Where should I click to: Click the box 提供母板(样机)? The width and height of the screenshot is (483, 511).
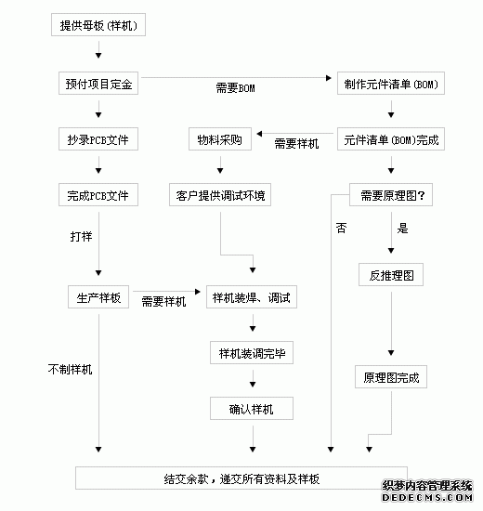[x=98, y=25]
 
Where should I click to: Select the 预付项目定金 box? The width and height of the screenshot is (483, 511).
[x=98, y=84]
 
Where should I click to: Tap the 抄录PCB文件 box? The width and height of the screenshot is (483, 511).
[x=98, y=139]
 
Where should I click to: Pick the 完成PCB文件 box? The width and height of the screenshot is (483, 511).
[x=98, y=195]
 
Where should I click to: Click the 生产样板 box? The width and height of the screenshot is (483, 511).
[x=98, y=297]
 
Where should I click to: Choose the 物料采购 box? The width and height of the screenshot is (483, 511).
[x=220, y=139]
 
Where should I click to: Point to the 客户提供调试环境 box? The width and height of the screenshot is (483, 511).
[x=220, y=195]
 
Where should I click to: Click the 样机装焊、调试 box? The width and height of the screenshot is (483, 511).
[x=252, y=297]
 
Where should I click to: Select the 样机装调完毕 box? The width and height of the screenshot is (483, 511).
[x=252, y=353]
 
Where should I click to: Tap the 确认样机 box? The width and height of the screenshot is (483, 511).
[x=252, y=409]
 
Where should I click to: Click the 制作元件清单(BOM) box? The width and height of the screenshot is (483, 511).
[x=391, y=84]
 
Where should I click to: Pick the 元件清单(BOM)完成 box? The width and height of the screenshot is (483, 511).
[x=391, y=139]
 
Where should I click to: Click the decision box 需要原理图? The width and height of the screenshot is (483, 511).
[x=391, y=195]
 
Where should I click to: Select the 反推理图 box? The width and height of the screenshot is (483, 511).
[x=391, y=275]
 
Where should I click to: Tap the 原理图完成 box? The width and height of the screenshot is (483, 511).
[x=391, y=377]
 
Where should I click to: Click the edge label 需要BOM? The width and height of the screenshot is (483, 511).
[x=235, y=88]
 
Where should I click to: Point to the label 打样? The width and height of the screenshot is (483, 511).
[x=81, y=236]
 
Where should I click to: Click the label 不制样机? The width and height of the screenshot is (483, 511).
[x=70, y=369]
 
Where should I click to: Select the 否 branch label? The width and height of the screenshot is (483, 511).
[x=341, y=228]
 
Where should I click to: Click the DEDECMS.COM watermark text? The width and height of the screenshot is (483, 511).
[x=427, y=498]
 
